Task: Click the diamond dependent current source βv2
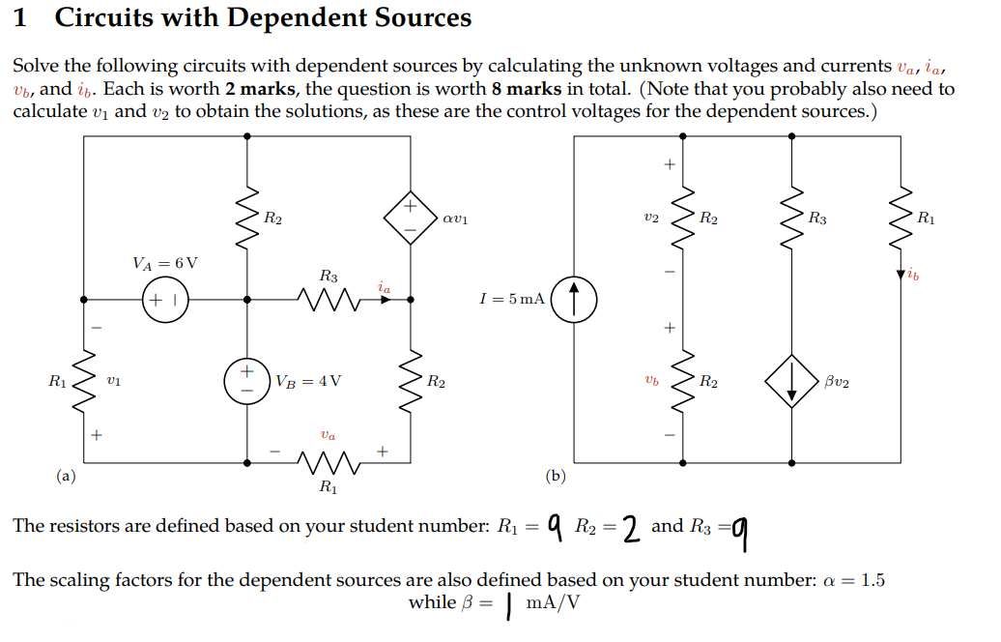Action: click(791, 384)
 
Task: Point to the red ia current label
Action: click(385, 286)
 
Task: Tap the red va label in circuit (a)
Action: click(329, 436)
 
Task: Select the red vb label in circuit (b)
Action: click(652, 383)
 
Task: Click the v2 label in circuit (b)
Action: click(651, 219)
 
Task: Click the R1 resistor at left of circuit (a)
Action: click(85, 382)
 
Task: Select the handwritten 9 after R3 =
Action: click(740, 530)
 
